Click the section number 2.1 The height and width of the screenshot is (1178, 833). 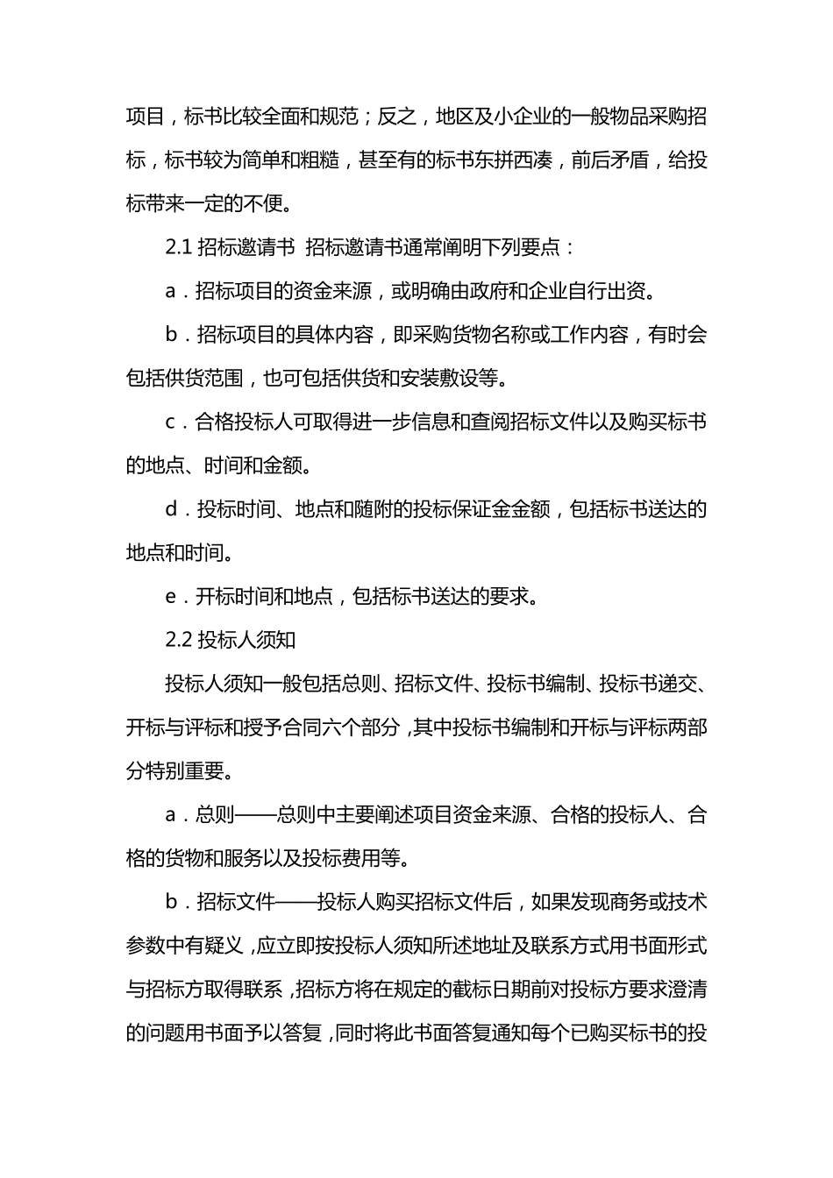point(178,247)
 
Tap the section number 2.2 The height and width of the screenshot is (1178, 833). point(178,640)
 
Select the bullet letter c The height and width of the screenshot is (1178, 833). point(171,422)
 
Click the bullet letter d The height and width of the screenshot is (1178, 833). point(171,509)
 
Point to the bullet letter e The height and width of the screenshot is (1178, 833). point(171,597)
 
